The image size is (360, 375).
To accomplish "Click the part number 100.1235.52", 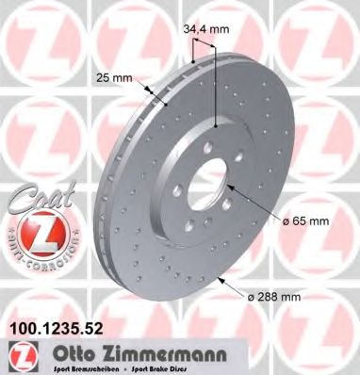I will pos(55,329).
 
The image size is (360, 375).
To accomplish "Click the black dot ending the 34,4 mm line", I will pos(217,126).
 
